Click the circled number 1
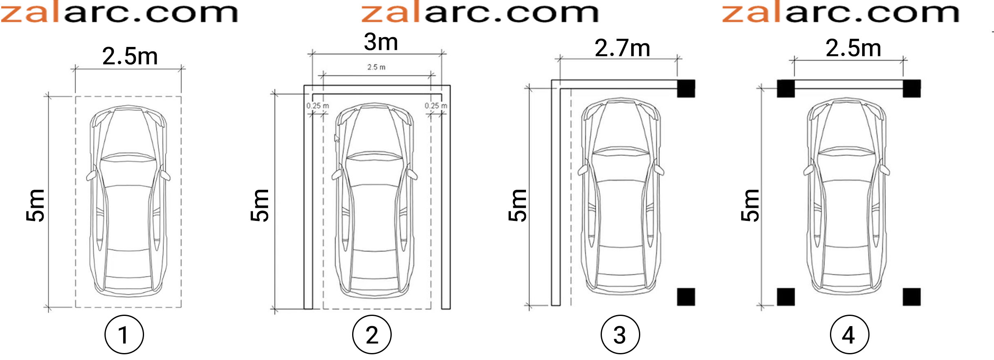coord(124,335)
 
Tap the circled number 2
coord(372,335)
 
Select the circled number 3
coord(620,335)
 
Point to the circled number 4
coord(850,335)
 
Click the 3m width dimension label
coord(381,42)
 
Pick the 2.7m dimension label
coord(622,48)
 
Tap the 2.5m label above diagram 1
coord(130,56)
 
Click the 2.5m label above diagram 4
coord(853,48)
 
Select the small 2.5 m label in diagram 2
coord(376,67)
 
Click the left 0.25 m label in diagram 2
coord(318,106)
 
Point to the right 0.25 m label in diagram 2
coord(436,106)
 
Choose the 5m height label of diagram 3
coord(517,206)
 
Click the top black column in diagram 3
coord(686,89)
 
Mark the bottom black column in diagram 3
coord(686,297)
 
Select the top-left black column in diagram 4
coord(786,89)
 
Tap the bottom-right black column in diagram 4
coord(912,297)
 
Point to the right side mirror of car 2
coord(413,175)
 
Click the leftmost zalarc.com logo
coord(119,12)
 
